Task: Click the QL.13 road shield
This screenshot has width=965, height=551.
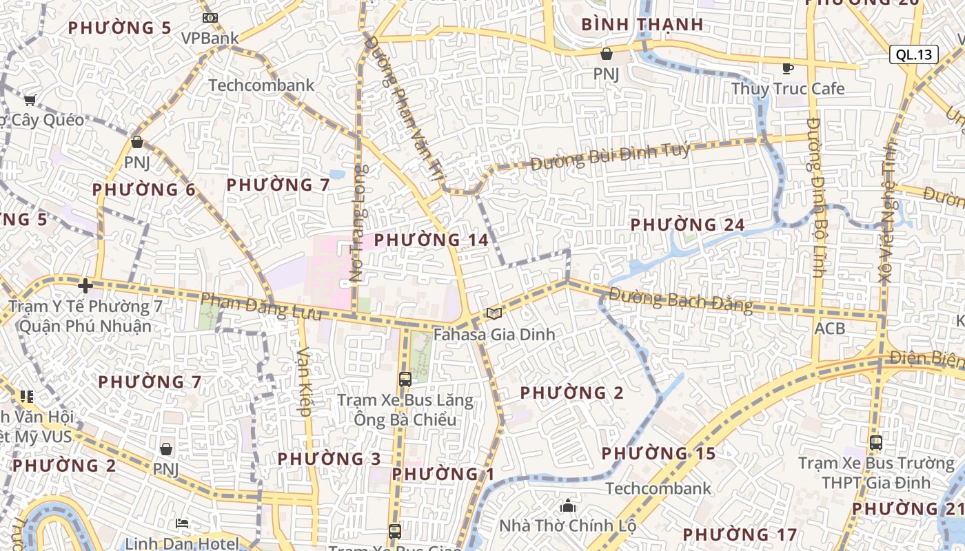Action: tap(914, 55)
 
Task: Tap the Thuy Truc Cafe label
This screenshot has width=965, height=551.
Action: tap(787, 89)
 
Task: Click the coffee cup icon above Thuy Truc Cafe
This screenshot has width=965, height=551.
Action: tap(787, 68)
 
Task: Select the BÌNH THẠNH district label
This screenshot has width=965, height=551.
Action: tap(642, 25)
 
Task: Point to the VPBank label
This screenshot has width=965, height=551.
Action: tap(210, 39)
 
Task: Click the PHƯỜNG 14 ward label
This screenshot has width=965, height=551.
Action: tap(431, 240)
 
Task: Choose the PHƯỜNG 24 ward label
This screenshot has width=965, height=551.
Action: tap(687, 225)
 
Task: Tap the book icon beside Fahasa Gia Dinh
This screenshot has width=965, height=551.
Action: tap(494, 314)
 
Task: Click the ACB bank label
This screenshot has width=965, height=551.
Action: tap(829, 329)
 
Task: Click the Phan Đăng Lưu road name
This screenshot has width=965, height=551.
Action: tap(261, 306)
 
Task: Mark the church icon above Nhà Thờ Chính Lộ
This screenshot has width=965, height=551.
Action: tap(568, 507)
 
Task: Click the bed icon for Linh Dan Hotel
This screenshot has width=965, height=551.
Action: tap(182, 524)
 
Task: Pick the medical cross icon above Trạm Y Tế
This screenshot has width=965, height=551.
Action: tap(85, 285)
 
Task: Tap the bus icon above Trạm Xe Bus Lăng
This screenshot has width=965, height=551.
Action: tap(405, 379)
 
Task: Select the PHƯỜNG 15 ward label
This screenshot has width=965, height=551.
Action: tap(658, 453)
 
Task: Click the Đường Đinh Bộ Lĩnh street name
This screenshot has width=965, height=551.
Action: tap(817, 197)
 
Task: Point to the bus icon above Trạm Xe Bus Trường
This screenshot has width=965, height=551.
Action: tap(875, 442)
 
